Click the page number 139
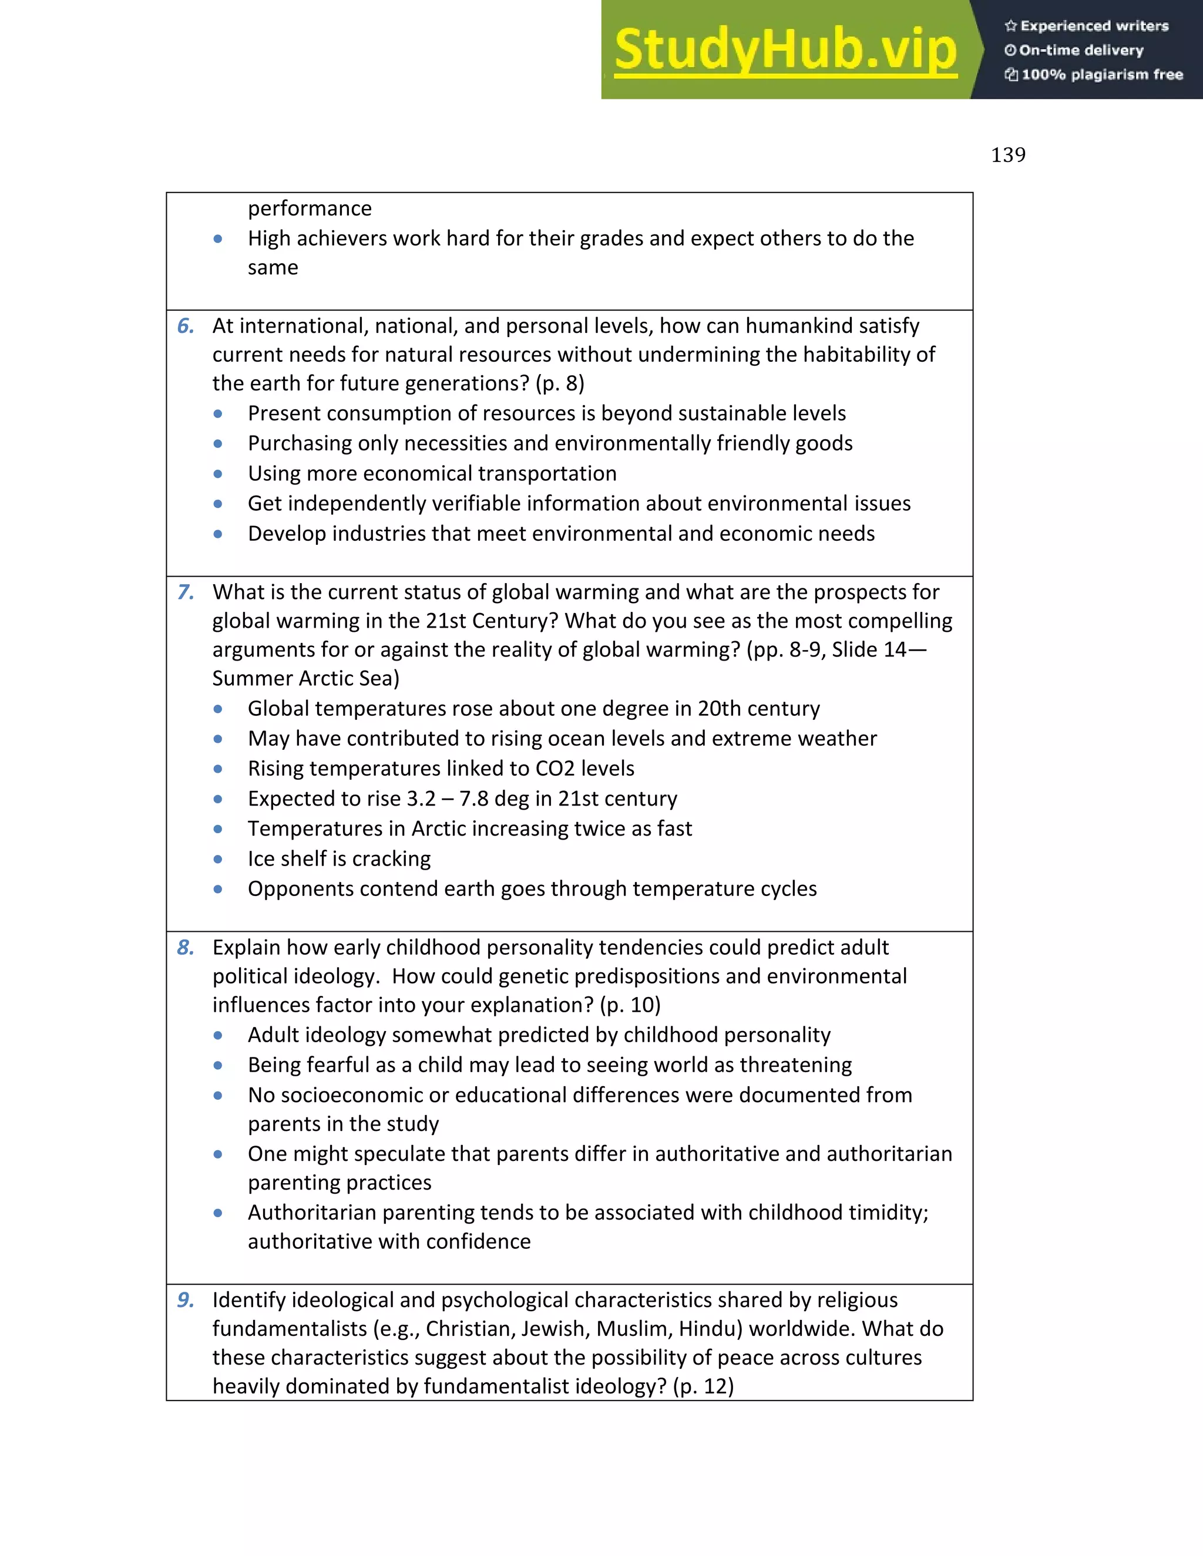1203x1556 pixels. [1008, 154]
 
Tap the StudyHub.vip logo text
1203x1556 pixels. [785, 50]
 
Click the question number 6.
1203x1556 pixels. [185, 326]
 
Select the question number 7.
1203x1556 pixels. [185, 592]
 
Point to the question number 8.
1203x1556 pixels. [185, 947]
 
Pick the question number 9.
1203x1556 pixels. [185, 1299]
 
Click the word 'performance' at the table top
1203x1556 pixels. [310, 208]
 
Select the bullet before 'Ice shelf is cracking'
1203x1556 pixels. [218, 859]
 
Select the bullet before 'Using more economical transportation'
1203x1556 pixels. [218, 474]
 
